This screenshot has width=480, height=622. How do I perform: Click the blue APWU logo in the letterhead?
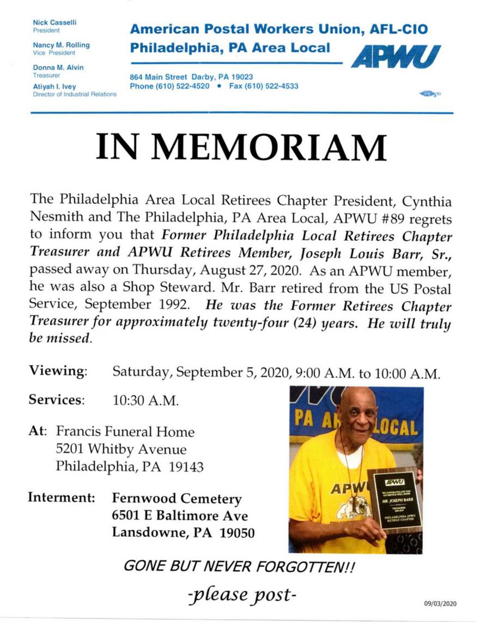coord(396,56)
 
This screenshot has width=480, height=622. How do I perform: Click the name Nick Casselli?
coord(54,22)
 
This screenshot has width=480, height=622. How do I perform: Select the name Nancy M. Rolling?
coord(61,45)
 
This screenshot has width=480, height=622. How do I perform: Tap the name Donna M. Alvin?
coord(58,67)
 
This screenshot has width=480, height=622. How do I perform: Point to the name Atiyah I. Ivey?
coord(54,86)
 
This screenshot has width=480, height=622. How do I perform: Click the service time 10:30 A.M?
coord(145,400)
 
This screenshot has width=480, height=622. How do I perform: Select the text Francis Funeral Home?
coord(125,432)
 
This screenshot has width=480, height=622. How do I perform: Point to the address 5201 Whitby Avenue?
coord(121,450)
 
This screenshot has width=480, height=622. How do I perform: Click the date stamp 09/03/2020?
coord(440,603)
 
